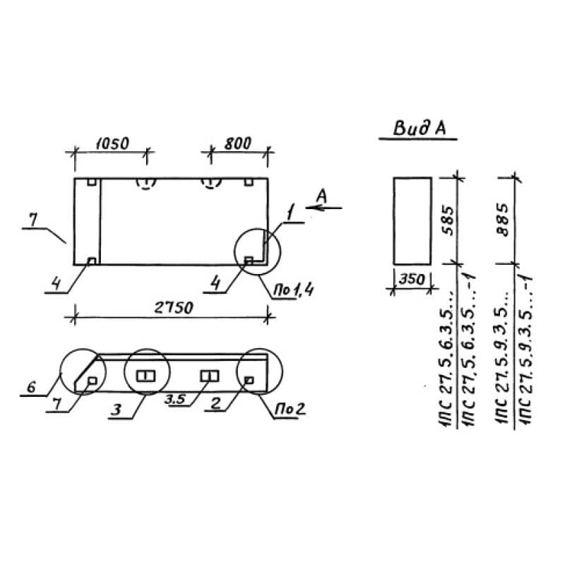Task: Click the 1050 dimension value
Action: (112, 143)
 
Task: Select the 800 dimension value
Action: (237, 143)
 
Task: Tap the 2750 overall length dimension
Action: (174, 308)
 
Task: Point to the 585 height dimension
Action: (448, 220)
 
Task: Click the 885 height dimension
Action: (502, 220)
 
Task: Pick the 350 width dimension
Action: (412, 279)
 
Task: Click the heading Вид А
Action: (419, 129)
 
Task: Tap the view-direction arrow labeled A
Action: (323, 208)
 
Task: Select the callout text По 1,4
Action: (293, 290)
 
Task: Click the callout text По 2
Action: (290, 409)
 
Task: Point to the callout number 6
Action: (31, 387)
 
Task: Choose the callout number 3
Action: (116, 410)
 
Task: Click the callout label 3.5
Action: (174, 399)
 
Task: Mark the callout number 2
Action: (215, 403)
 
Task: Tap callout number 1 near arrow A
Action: (290, 212)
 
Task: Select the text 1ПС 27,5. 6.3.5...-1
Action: (469, 350)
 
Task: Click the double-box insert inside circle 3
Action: (146, 376)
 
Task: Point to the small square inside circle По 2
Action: (249, 380)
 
